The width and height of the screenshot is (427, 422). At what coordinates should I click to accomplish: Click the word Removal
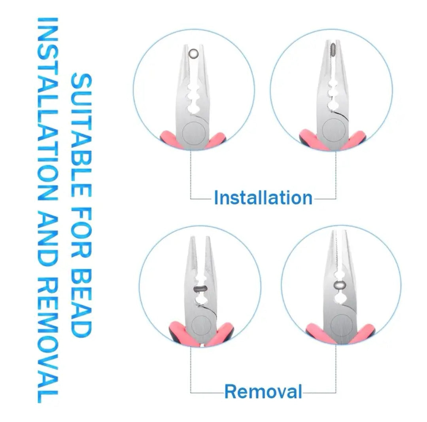point(263,392)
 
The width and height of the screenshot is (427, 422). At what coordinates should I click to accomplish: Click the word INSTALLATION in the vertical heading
point(47,109)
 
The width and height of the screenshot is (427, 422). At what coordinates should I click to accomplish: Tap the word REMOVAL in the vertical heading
point(47,340)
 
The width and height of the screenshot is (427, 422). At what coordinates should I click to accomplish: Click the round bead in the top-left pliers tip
point(193,53)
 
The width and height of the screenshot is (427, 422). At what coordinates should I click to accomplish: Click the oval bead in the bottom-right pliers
point(340,285)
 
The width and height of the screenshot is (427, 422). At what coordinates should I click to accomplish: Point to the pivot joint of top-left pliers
point(194,134)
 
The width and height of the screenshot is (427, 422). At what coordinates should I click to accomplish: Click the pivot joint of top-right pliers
point(334,130)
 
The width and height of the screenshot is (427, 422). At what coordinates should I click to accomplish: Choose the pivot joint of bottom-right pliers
point(342,325)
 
